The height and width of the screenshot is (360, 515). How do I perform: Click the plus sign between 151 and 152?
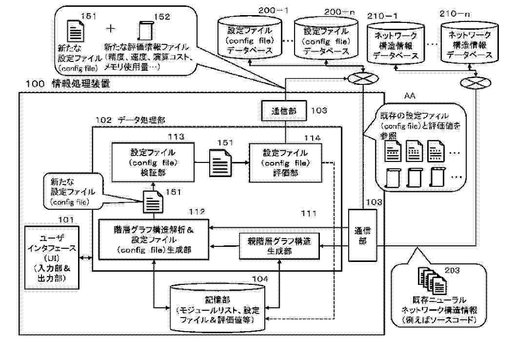[111, 28]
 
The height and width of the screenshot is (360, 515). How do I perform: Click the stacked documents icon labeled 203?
[429, 281]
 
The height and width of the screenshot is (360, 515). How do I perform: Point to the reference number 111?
[309, 213]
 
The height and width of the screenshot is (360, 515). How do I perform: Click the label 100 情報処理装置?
[64, 84]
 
